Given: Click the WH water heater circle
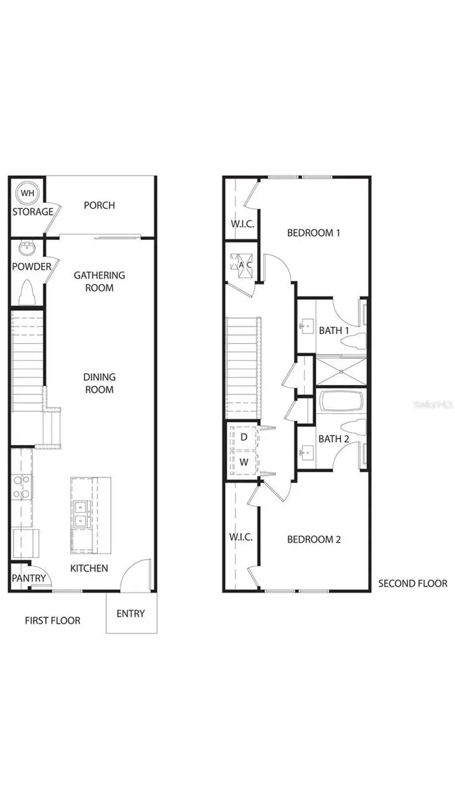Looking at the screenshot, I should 27,193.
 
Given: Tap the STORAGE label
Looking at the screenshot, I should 32,212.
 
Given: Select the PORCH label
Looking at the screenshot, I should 99,205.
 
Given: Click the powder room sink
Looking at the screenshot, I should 27,248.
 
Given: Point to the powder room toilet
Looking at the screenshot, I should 28,293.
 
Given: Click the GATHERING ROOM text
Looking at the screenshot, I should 99,281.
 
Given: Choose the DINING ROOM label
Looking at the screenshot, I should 99,383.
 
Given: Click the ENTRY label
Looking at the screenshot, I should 130,613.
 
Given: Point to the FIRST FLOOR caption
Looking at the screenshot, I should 53,620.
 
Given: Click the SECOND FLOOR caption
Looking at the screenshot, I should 413,583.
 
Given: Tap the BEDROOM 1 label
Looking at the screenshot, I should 313,233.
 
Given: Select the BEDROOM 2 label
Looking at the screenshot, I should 313,539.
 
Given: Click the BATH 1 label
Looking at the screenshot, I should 334,330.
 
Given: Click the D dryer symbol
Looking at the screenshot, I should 243,437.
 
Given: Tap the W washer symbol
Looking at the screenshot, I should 243,462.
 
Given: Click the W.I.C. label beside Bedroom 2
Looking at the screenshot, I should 241,537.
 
